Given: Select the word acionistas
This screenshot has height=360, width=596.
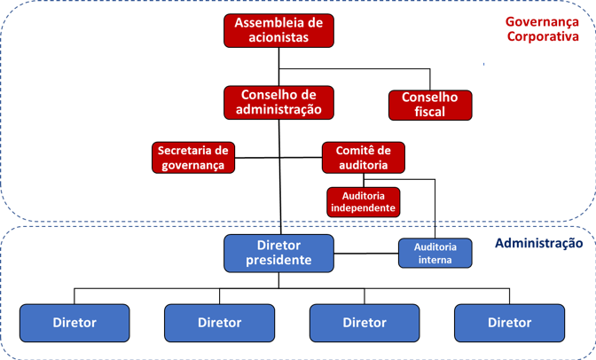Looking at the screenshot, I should [x=278, y=38].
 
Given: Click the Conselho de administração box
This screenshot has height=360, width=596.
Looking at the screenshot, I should [x=278, y=102].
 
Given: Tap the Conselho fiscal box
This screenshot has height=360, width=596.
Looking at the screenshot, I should [x=430, y=105].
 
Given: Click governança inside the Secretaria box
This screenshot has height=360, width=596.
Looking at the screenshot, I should [x=192, y=165].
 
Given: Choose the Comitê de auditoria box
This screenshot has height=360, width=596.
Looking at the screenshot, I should [x=363, y=157].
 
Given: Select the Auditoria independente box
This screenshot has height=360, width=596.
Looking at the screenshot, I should [x=363, y=201].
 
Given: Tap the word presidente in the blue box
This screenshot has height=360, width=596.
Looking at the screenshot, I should [x=278, y=261].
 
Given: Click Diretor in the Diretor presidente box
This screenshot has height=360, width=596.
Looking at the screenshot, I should [x=278, y=245].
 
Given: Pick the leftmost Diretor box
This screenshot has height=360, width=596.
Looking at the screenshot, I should [x=74, y=323].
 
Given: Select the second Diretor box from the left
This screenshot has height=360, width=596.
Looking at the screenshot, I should [x=219, y=323].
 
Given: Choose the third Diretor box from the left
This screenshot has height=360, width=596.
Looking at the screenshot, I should [x=365, y=323].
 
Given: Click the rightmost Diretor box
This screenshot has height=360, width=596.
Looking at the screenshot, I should [x=509, y=323].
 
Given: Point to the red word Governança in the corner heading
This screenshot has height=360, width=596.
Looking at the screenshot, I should [x=542, y=22].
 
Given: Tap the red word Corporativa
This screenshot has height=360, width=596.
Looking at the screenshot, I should [x=542, y=37].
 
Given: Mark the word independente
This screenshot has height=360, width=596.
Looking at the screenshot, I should [x=363, y=207].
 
